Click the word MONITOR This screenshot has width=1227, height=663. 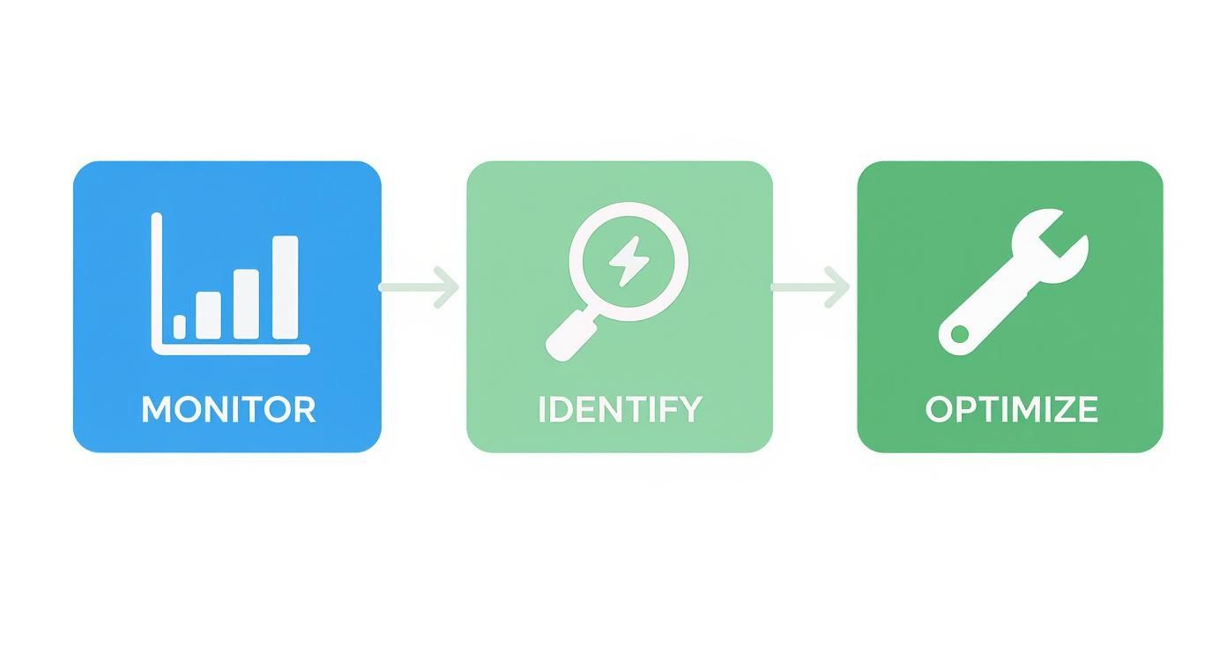coord(227,409)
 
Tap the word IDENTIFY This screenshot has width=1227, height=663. coord(620,409)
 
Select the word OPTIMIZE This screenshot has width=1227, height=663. coord(1011,409)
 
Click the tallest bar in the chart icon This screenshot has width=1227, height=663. coord(285,287)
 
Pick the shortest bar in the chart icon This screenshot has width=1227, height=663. coord(180,327)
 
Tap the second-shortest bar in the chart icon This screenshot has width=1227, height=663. coord(208,315)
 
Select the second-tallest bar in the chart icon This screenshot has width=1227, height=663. coord(246,304)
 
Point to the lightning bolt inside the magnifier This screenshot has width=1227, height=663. coord(628,261)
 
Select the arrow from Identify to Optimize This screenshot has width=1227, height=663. coord(811,287)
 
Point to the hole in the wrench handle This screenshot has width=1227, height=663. coord(957,335)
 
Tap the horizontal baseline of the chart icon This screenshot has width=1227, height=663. coord(231,350)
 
